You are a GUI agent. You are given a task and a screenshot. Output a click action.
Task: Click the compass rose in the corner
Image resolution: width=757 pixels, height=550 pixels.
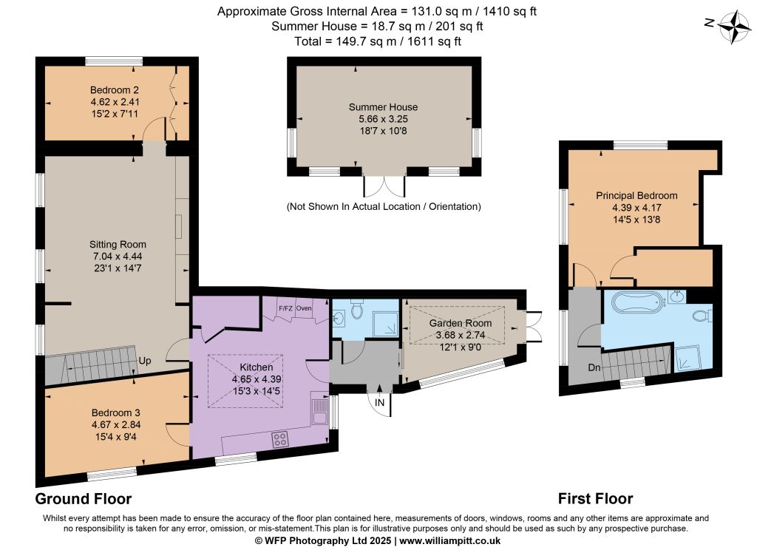(x=734, y=26)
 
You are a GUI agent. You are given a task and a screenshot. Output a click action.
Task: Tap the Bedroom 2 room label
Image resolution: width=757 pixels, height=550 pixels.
(x=115, y=89)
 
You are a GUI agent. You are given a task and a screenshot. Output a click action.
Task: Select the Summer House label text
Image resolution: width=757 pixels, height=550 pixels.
(x=384, y=107)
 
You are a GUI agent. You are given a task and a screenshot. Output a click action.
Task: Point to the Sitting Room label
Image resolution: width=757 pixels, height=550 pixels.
(x=118, y=245)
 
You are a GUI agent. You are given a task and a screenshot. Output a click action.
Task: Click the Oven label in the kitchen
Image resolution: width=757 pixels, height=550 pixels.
(x=304, y=308)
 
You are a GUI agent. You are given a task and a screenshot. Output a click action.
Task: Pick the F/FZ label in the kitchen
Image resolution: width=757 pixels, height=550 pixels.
(x=285, y=308)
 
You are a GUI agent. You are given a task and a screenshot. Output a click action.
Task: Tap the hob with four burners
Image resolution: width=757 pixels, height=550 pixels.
(x=280, y=439)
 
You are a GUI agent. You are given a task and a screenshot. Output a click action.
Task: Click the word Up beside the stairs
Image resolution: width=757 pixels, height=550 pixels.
(x=144, y=361)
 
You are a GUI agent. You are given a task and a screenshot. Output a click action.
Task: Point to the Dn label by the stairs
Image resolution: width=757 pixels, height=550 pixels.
(x=594, y=367)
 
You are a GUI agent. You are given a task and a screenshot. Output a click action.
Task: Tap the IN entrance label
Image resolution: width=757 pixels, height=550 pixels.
(x=379, y=402)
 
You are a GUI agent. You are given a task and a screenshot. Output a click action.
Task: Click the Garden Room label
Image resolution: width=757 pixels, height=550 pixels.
(x=461, y=323)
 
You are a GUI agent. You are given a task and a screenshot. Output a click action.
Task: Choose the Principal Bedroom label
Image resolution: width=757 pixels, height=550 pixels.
(x=637, y=196)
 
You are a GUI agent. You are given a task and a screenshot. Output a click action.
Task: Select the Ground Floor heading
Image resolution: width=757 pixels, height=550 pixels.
(x=84, y=498)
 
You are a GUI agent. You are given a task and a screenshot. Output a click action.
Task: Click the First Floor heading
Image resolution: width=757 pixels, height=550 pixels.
(x=595, y=498)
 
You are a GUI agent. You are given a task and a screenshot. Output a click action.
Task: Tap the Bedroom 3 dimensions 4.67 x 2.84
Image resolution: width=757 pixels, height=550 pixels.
(x=116, y=425)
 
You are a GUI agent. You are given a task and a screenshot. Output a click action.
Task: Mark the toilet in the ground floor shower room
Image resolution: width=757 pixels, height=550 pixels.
(x=357, y=310)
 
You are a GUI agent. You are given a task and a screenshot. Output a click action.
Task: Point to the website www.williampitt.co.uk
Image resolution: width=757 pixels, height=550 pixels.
(x=450, y=541)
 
